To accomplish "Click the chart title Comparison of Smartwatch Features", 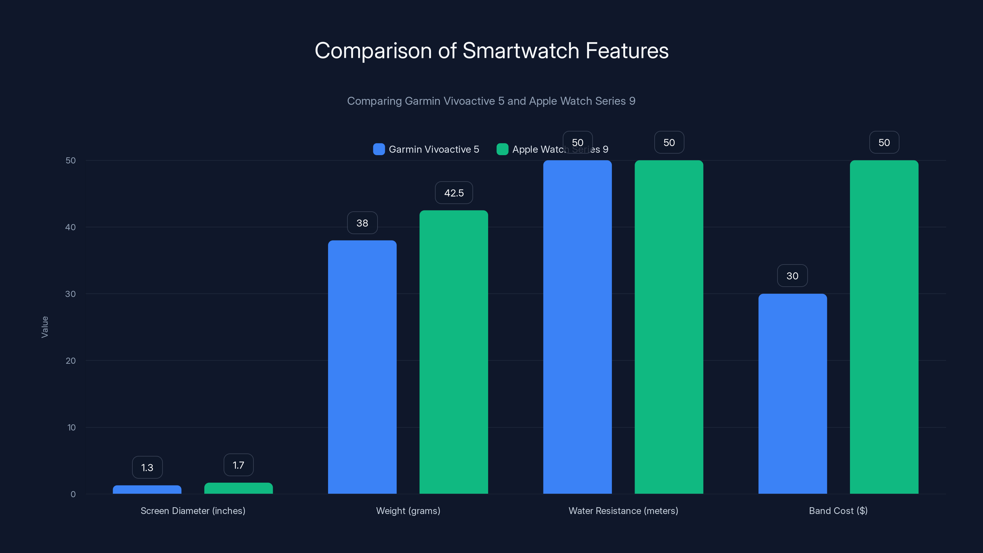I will click(x=491, y=51).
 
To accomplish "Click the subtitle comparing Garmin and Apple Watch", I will click(x=491, y=101).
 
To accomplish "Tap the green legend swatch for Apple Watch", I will click(x=502, y=149).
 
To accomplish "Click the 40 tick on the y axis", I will click(x=71, y=227).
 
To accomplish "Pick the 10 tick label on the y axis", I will click(x=71, y=427).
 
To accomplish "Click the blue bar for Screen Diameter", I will click(x=147, y=490).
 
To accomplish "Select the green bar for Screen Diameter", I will click(x=238, y=488).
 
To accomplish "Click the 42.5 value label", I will click(x=454, y=193).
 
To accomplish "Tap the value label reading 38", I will click(x=362, y=223).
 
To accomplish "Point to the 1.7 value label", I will click(x=238, y=465).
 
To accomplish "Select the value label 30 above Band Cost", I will click(x=792, y=276).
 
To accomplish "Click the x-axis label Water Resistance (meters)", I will click(x=623, y=511).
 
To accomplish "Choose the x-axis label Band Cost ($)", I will click(x=838, y=511).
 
